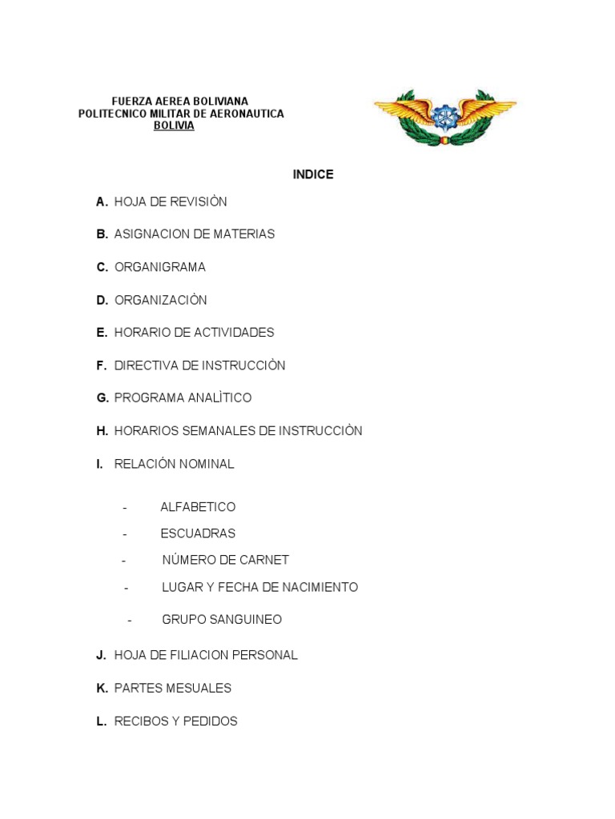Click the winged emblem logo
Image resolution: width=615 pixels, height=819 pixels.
pyautogui.click(x=444, y=117)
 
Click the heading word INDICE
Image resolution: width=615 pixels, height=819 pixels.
pyautogui.click(x=313, y=174)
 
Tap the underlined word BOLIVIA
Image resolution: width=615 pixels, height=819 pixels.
pyautogui.click(x=174, y=126)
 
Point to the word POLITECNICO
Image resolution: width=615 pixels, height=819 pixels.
pyautogui.click(x=111, y=114)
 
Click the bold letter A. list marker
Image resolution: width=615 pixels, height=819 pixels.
pyautogui.click(x=102, y=202)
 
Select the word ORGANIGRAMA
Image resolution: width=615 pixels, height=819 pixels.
pyautogui.click(x=160, y=267)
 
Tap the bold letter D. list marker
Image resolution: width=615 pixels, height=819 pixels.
pyautogui.click(x=102, y=301)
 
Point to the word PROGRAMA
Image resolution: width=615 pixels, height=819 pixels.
pyautogui.click(x=148, y=398)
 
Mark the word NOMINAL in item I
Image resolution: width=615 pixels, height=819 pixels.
pyautogui.click(x=207, y=464)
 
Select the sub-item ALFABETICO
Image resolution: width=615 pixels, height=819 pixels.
pyautogui.click(x=198, y=507)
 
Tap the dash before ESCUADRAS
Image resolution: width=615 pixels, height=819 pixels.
pyautogui.click(x=125, y=533)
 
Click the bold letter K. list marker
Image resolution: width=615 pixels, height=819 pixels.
pyautogui.click(x=102, y=688)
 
